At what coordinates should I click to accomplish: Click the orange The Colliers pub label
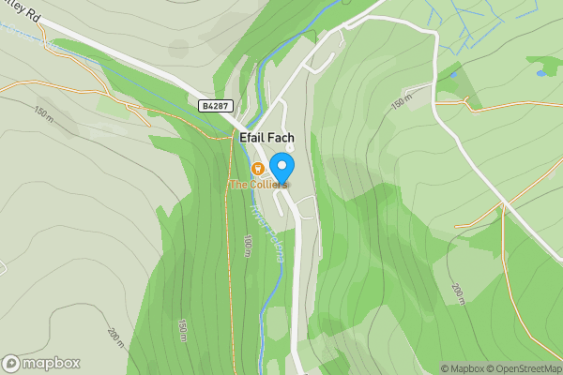(x=258, y=185)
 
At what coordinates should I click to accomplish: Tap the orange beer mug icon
(x=256, y=168)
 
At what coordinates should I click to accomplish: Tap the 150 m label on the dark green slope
(x=182, y=330)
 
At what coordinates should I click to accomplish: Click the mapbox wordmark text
(x=52, y=364)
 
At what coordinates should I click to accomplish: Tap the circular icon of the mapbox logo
(x=11, y=363)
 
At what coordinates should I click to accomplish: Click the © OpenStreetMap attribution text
(x=525, y=368)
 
